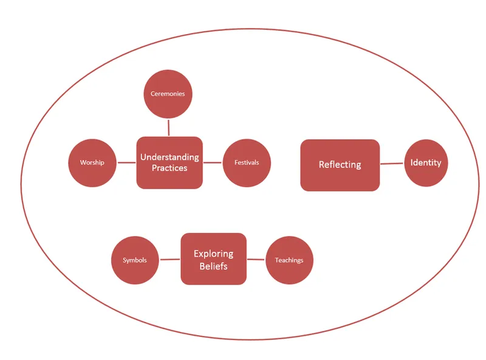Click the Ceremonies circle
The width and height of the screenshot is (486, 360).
(x=168, y=94)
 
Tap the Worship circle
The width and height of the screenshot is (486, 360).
(x=92, y=162)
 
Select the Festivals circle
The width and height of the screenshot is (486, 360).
(x=246, y=162)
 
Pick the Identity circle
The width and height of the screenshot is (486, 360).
(x=426, y=162)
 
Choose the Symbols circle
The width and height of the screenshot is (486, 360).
(x=135, y=260)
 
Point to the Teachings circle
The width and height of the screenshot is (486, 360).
(x=289, y=260)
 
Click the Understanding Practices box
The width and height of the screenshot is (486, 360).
(x=169, y=162)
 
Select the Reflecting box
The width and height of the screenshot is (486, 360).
(x=340, y=165)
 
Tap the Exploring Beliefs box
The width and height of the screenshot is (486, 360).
(x=213, y=259)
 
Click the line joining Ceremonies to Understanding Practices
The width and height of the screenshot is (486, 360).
(x=168, y=127)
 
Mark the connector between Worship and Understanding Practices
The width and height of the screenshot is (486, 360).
(x=126, y=162)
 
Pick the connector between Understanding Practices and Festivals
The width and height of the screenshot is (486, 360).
(x=213, y=162)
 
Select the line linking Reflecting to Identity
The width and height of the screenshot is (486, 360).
(x=392, y=164)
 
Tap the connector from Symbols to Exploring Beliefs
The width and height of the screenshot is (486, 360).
(x=169, y=260)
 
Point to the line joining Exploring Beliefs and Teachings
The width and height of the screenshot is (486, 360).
(x=256, y=260)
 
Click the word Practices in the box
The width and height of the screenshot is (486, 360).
(x=169, y=168)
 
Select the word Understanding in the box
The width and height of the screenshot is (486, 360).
(x=169, y=157)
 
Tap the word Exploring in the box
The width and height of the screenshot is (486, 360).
(x=213, y=254)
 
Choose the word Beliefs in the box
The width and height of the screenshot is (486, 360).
(x=213, y=266)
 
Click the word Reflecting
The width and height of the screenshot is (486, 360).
(x=340, y=165)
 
